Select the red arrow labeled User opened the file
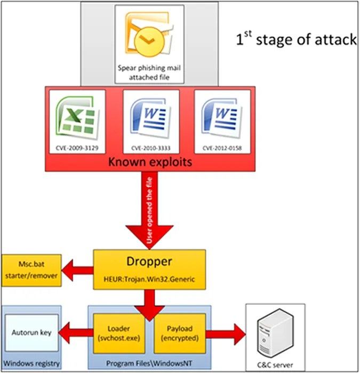(151, 213)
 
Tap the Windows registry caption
(31, 364)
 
